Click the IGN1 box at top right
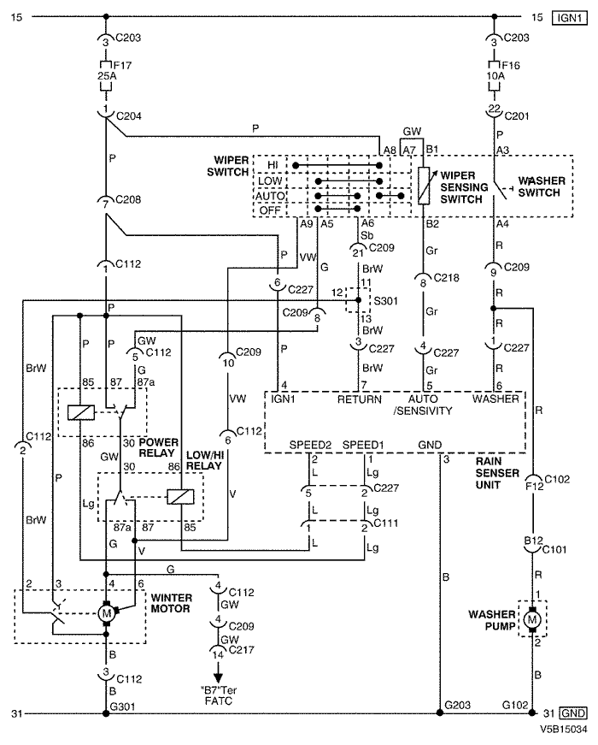(570, 18)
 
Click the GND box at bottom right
(573, 713)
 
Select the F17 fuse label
(122, 65)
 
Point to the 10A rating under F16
(495, 76)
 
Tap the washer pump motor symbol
(532, 619)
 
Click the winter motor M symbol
(106, 613)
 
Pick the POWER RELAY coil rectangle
(81, 412)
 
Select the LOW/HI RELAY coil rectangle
(180, 497)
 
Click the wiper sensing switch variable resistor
(424, 186)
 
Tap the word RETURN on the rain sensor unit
(360, 399)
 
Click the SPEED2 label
(310, 445)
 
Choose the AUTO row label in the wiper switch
(270, 196)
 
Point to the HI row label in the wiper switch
(273, 165)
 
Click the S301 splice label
(386, 301)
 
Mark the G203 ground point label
(458, 705)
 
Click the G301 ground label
(122, 707)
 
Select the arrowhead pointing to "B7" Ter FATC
(218, 677)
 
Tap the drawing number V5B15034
(563, 729)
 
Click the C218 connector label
(447, 277)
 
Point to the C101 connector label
(554, 550)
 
